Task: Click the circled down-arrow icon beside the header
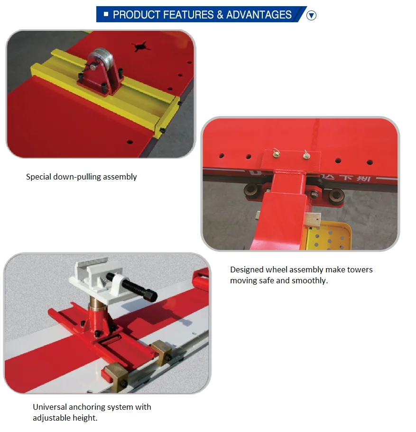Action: tap(311, 16)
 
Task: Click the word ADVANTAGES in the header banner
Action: tap(259, 15)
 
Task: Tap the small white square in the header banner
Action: tap(106, 14)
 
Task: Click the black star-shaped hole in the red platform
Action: tap(139, 46)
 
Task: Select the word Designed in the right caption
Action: tap(247, 270)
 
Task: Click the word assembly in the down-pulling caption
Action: tap(120, 177)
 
